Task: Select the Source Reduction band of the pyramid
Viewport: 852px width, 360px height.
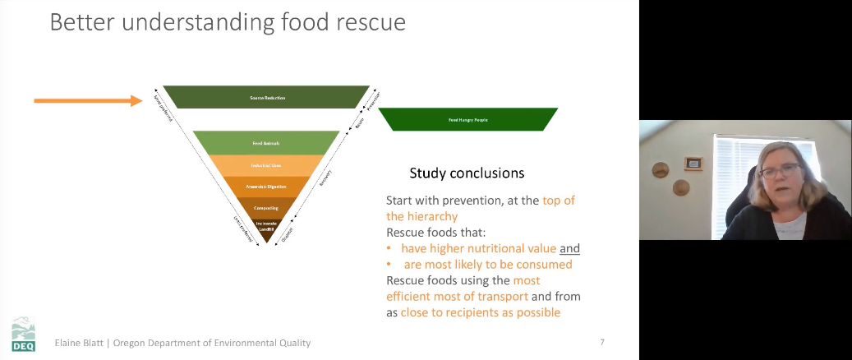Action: click(266, 97)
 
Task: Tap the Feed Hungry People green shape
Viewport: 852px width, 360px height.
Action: click(467, 119)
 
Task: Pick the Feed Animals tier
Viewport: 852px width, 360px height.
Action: click(266, 143)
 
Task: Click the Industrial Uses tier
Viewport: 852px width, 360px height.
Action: click(266, 165)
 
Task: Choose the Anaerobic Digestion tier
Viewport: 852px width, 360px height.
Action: click(266, 187)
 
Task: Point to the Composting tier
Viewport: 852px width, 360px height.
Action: click(266, 208)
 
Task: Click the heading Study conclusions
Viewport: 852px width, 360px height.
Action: click(467, 173)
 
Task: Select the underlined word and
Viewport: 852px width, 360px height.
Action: click(569, 248)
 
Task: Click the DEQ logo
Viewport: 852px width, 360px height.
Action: click(23, 335)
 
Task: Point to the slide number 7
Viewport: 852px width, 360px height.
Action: click(602, 342)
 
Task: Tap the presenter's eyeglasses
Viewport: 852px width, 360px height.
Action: click(780, 170)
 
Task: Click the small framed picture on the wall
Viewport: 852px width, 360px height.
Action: click(694, 164)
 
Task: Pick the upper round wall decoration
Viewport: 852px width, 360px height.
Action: click(660, 170)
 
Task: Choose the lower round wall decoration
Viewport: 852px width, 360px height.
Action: click(681, 187)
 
